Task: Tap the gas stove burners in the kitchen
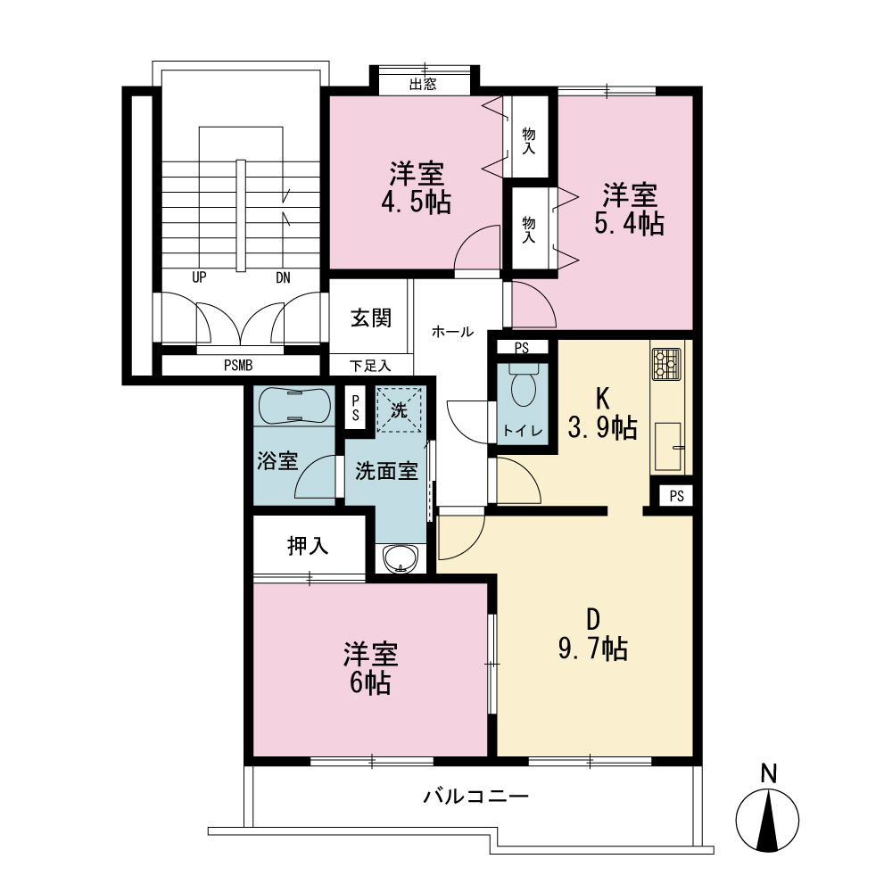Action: [x=666, y=364]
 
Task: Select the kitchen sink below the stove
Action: [x=668, y=447]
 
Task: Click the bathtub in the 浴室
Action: [x=294, y=405]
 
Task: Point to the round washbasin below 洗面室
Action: [x=401, y=558]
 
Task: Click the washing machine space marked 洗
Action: [x=400, y=409]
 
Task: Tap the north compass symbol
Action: [x=767, y=812]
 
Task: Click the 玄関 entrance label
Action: [x=371, y=318]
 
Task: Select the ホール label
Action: [x=452, y=331]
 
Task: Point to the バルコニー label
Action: [x=475, y=796]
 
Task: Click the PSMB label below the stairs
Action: [x=238, y=365]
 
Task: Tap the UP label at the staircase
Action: [x=199, y=277]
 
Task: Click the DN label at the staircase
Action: [x=283, y=277]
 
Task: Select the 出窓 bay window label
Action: [x=423, y=85]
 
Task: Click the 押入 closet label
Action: [x=308, y=546]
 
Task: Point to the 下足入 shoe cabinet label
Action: [x=370, y=366]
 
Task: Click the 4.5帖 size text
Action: [x=417, y=202]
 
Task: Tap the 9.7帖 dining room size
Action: [x=593, y=648]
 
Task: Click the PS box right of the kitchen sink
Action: [x=676, y=496]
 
